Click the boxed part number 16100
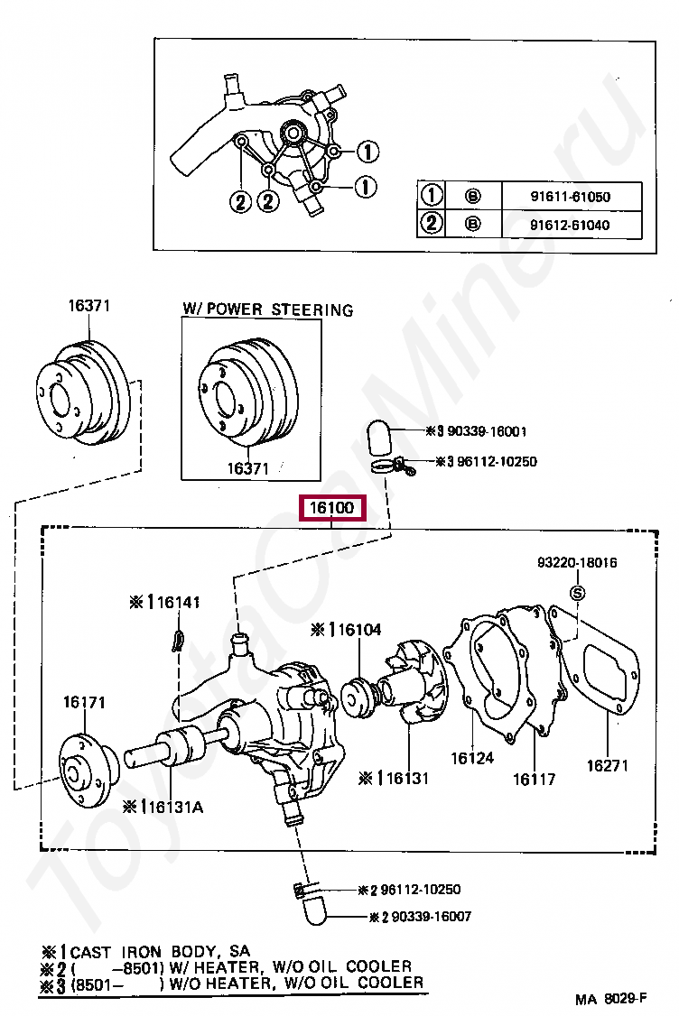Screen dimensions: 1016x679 point(332,509)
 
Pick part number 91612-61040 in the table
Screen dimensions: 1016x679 point(569,225)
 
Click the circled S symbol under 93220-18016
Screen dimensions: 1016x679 point(577,592)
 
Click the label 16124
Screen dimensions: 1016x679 point(472,758)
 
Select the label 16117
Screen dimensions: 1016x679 point(534,779)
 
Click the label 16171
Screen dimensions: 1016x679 point(85,701)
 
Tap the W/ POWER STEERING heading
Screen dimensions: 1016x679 point(267,309)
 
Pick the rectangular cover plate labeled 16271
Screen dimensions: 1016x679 point(606,676)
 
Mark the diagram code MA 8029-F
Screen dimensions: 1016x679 point(611,999)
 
